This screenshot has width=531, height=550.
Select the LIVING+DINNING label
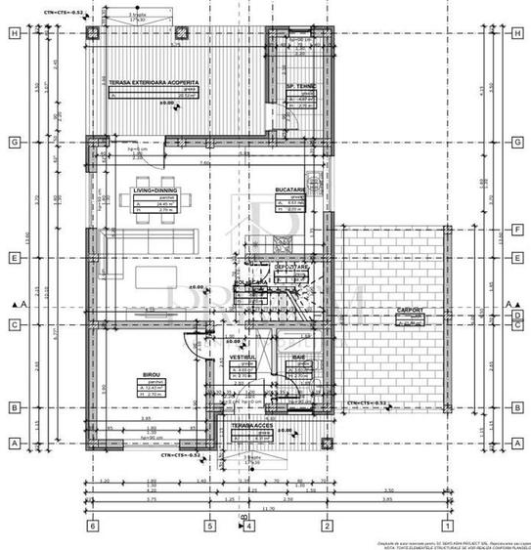[x=154, y=191]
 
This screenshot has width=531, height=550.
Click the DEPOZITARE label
[x=291, y=266]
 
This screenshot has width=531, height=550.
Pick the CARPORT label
[x=411, y=310]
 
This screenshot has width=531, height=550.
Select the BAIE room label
[x=299, y=359]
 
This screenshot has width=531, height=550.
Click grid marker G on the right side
[x=515, y=142]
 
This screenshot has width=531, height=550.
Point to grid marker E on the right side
[x=515, y=259]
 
